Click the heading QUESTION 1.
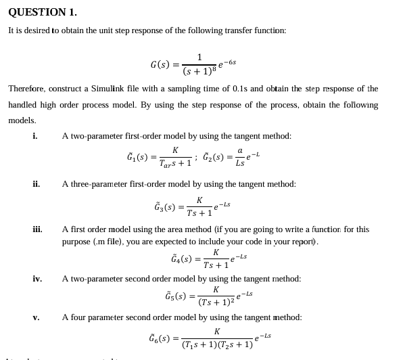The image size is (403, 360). pyautogui.click(x=43, y=12)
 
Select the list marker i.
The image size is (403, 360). pyautogui.click(x=35, y=136)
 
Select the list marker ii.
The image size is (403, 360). pyautogui.click(x=37, y=184)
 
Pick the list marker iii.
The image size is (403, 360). pyautogui.click(x=38, y=229)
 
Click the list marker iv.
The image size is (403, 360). pyautogui.click(x=37, y=279)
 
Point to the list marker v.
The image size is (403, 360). pyautogui.click(x=36, y=317)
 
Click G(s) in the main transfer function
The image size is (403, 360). pyautogui.click(x=160, y=65)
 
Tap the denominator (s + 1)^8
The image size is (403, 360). pyautogui.click(x=199, y=70)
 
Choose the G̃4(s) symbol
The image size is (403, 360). pyautogui.click(x=183, y=258)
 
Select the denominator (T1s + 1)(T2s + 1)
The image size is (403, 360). pyautogui.click(x=217, y=344)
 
